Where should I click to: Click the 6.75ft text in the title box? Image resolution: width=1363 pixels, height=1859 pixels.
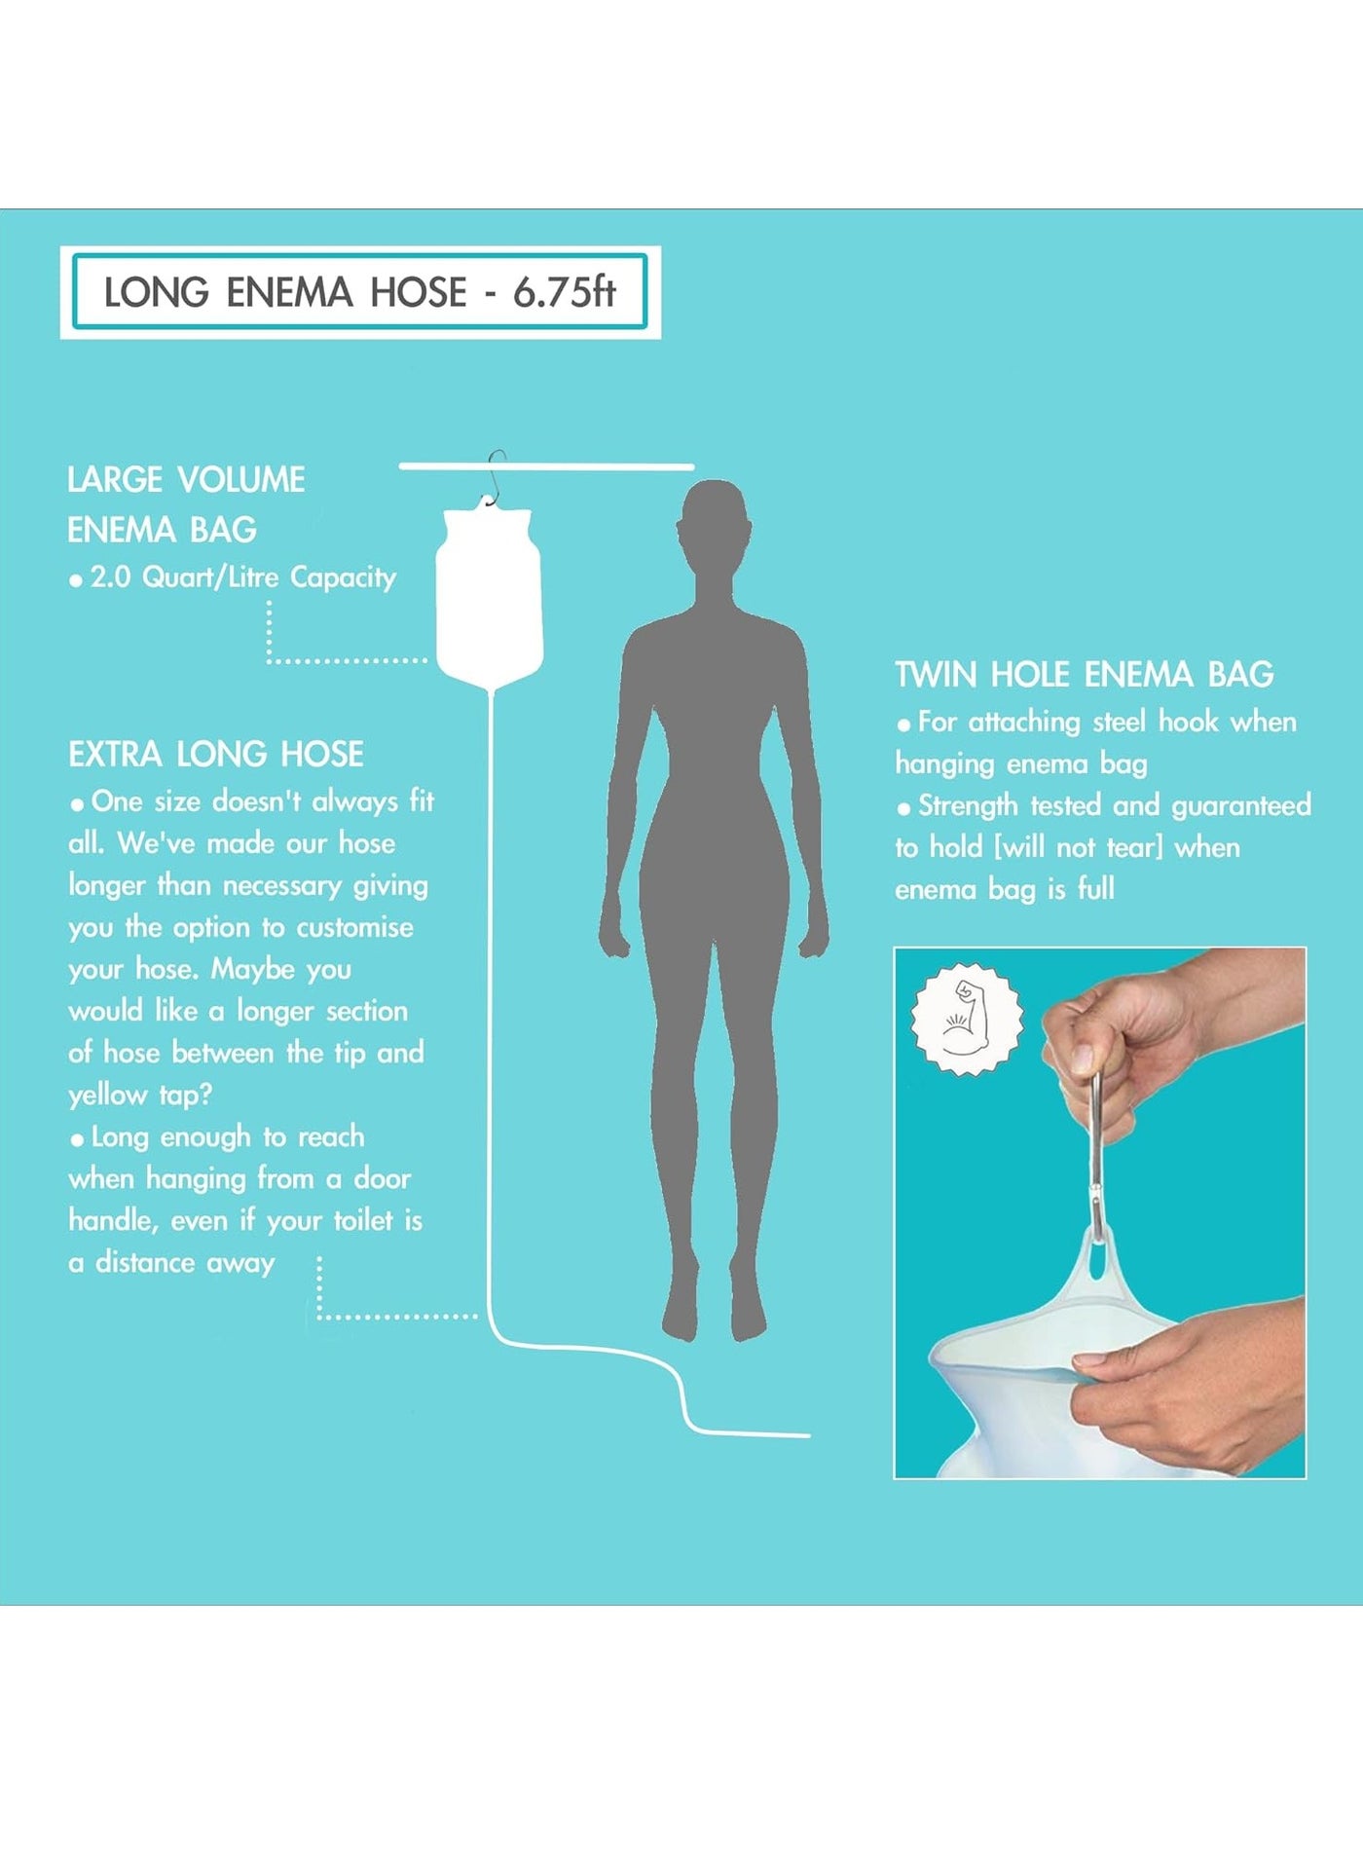[x=565, y=292]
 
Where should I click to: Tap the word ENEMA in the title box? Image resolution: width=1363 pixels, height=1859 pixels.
[x=289, y=292]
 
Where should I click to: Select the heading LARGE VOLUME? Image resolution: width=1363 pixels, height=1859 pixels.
[x=186, y=479]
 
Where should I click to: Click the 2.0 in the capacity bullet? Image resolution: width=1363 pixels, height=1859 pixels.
[x=110, y=577]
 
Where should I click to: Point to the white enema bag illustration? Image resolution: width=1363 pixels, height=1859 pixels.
[x=488, y=594]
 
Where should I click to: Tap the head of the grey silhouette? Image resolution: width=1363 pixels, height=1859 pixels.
[x=715, y=526]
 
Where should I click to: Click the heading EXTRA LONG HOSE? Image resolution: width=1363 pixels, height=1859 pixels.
[x=216, y=754]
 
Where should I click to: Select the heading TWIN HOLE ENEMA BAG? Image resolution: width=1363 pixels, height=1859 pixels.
[x=1085, y=674]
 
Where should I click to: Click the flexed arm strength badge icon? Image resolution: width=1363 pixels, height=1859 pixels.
[x=967, y=1020]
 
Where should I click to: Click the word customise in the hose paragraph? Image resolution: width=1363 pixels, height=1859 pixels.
[x=354, y=927]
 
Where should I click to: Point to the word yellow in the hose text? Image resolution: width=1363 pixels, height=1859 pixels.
[x=107, y=1096]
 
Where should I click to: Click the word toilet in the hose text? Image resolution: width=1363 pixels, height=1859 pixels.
[x=363, y=1220]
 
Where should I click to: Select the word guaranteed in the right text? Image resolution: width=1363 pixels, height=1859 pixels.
[x=1241, y=806]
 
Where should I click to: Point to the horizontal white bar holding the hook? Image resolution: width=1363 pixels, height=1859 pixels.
[x=546, y=466]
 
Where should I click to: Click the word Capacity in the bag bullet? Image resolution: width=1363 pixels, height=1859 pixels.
[x=343, y=578]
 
